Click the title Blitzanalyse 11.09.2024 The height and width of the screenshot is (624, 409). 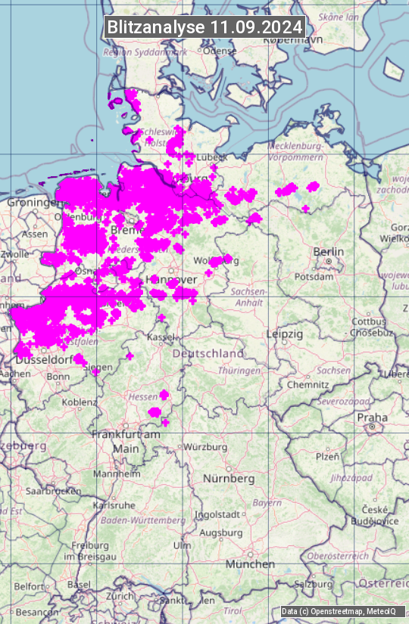(x=204, y=26)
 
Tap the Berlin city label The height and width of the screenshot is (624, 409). (x=329, y=252)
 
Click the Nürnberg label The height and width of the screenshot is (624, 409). (x=229, y=479)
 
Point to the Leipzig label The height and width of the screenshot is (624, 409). (x=284, y=334)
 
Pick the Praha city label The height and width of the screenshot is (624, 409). (x=372, y=418)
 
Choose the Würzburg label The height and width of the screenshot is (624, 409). (x=205, y=447)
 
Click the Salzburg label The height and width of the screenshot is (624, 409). (x=313, y=584)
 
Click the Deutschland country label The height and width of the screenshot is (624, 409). (x=208, y=353)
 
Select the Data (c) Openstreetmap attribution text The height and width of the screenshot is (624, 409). (x=339, y=611)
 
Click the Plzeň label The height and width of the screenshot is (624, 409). (x=326, y=456)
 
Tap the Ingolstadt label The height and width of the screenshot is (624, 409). (x=218, y=514)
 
